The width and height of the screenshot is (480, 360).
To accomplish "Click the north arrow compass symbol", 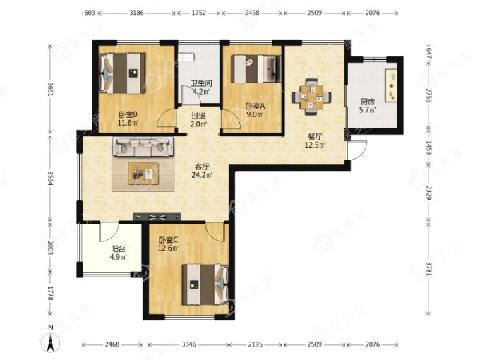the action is pos(51,341).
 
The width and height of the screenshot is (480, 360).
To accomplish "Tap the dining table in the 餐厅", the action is pos(311,97).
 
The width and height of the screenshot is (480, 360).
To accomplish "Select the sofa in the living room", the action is pos(143,146).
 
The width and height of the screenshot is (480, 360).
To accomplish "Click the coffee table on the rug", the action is pos(143,174).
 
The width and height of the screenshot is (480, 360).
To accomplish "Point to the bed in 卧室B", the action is pos(122,73).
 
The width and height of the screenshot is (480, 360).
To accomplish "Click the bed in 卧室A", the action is pos(256,69).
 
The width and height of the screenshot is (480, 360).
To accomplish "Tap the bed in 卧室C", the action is pos(205,284).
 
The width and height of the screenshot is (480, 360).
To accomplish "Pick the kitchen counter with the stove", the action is pos(391,85).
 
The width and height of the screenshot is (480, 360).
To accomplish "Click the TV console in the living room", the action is pos(157,217).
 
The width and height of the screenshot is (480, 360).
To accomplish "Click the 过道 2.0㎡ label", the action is pos(198,120).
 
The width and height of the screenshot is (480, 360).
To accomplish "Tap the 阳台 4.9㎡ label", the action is pos(118,253).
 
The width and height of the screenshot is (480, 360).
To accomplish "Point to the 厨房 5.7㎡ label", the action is pos(367,106).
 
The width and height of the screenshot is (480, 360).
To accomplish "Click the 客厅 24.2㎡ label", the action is pos(202,171).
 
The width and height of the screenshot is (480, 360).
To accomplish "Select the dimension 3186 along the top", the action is pos(136,13).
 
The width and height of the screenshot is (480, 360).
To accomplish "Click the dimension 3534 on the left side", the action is pos(51,179).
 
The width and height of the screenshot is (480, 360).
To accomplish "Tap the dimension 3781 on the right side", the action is pos(428,268).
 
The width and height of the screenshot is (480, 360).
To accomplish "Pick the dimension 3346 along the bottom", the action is pos(189,344).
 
